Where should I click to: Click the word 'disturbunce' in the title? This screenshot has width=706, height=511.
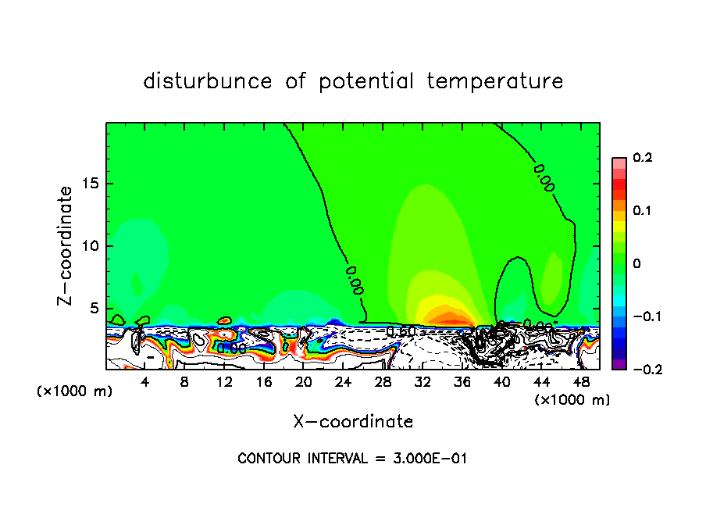coord(208,81)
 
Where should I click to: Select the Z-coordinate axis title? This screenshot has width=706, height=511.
coord(66,245)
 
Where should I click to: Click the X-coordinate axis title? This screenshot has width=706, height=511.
coord(353,422)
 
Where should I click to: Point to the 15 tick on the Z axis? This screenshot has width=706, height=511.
coord(91,184)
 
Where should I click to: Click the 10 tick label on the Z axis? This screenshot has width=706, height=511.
coord(91,246)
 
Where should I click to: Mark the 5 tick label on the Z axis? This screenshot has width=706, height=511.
coord(95,308)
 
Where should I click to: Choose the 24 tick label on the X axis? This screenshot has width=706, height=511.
coord(343,383)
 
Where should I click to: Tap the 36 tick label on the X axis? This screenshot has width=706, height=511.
coord(462,383)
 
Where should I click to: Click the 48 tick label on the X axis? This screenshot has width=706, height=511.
coord(580,383)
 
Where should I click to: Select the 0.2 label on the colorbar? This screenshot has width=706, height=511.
coord(642,158)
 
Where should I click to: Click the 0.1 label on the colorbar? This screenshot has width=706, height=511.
coord(642,211)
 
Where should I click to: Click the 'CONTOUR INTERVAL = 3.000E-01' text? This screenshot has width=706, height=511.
coord(352,459)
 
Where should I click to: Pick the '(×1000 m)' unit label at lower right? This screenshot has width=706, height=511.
coord(572,400)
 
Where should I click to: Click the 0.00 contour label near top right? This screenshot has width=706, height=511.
coord(544,178)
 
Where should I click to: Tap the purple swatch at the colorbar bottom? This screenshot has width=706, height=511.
coord(619,363)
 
